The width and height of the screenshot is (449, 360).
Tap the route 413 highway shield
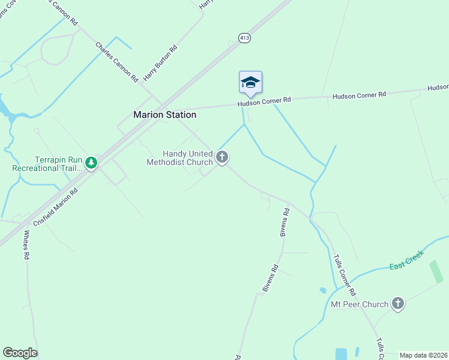[244, 38]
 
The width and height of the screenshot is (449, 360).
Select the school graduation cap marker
[250, 82]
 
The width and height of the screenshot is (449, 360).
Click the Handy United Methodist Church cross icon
[222, 158]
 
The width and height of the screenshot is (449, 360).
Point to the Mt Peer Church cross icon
[397, 304]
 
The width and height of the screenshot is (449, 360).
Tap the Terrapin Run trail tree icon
[91, 163]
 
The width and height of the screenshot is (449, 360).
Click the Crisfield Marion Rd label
[56, 207]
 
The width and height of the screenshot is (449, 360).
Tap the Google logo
[20, 353]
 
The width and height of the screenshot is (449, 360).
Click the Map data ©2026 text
[423, 355]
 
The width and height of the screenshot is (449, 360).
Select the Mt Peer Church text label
[360, 304]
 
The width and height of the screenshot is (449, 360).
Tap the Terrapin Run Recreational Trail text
[47, 164]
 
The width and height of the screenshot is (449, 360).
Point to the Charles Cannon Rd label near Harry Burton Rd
[117, 62]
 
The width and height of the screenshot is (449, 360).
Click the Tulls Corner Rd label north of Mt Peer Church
[345, 275]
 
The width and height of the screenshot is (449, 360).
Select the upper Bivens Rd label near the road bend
[286, 223]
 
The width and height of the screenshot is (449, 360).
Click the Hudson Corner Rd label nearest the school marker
[264, 101]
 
